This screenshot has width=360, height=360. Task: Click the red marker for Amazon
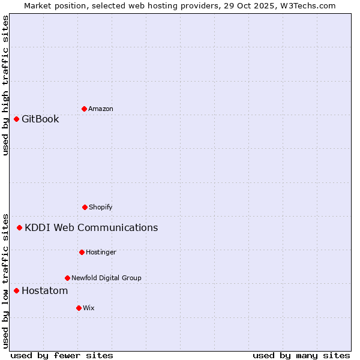pyautogui.click(x=84, y=109)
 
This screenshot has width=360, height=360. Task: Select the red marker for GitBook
pyautogui.click(x=16, y=119)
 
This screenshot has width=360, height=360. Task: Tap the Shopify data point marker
pyautogui.click(x=85, y=207)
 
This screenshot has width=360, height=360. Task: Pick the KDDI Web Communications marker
pyautogui.click(x=19, y=227)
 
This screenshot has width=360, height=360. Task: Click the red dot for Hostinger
pyautogui.click(x=82, y=252)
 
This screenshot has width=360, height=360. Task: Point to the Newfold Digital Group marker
pyautogui.click(x=67, y=278)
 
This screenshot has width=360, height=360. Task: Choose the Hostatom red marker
pyautogui.click(x=16, y=290)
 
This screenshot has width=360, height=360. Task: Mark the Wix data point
pyautogui.click(x=79, y=308)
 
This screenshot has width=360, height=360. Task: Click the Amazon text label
pyautogui.click(x=101, y=109)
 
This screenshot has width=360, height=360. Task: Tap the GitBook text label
pyautogui.click(x=40, y=119)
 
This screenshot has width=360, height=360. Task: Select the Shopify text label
pyautogui.click(x=101, y=207)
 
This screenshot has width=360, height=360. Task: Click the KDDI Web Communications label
pyautogui.click(x=91, y=227)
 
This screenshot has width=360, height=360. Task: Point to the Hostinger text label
pyautogui.click(x=101, y=252)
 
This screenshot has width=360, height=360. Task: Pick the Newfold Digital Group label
pyautogui.click(x=106, y=278)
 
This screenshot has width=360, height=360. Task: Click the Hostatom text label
pyautogui.click(x=44, y=290)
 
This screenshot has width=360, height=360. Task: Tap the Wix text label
pyautogui.click(x=89, y=308)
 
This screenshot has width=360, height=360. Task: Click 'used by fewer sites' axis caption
pyautogui.click(x=62, y=355)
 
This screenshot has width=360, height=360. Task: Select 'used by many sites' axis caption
pyautogui.click(x=301, y=355)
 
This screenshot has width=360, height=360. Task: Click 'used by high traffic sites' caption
pyautogui.click(x=5, y=85)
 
